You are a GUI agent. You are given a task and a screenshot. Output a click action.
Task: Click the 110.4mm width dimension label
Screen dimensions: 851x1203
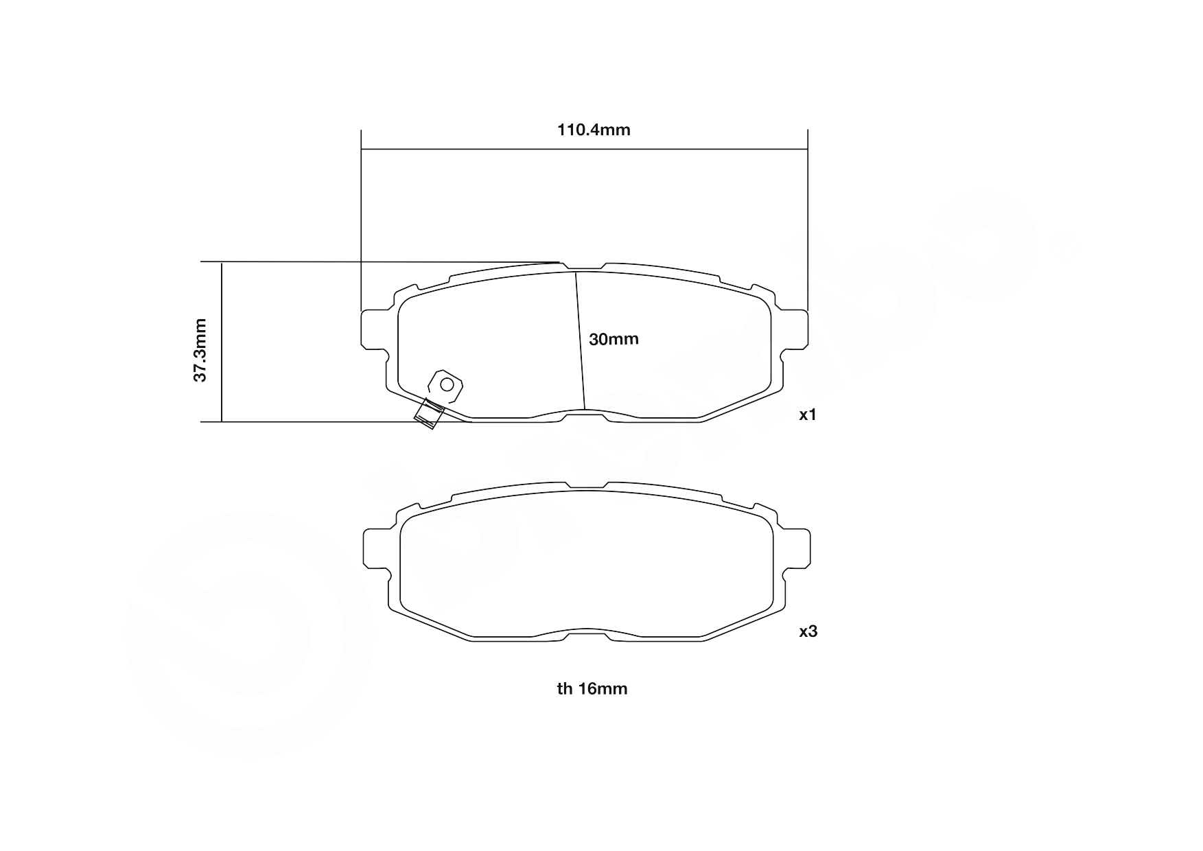(594, 130)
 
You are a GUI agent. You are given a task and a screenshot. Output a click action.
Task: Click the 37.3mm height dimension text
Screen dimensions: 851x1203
(200, 349)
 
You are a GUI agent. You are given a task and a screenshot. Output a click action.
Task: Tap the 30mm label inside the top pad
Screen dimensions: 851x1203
(614, 339)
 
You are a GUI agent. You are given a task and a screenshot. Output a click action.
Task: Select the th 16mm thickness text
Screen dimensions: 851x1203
(592, 688)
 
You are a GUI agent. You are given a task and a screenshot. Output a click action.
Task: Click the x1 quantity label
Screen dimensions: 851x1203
(808, 415)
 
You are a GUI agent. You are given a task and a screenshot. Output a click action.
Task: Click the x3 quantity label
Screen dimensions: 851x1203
(808, 631)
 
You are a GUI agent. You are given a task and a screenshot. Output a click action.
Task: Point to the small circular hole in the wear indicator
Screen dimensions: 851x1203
(447, 384)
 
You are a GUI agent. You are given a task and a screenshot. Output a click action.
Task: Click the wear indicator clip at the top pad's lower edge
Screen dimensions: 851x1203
(428, 414)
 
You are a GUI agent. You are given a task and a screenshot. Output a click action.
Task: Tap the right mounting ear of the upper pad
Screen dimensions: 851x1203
(796, 329)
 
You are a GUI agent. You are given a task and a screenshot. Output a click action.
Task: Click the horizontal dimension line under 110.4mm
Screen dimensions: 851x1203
(480, 149)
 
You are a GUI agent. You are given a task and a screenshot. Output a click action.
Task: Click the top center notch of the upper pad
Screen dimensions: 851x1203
(582, 268)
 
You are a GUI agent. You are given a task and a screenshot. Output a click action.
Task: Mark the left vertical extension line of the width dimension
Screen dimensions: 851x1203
(361, 220)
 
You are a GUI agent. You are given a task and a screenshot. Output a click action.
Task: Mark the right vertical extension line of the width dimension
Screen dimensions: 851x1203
(808, 220)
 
